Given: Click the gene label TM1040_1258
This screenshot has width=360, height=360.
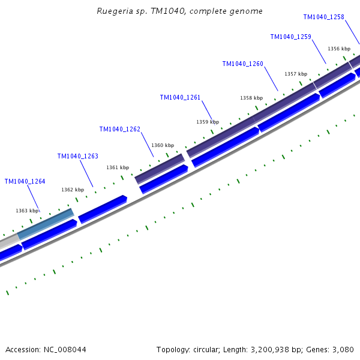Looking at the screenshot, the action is (323, 17).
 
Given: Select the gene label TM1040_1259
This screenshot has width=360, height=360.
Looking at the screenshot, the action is (290, 37).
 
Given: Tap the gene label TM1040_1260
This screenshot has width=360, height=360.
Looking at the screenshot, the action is (242, 64).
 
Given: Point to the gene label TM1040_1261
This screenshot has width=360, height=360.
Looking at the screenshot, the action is (180, 97).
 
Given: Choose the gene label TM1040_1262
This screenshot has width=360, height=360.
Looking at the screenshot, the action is (119, 129).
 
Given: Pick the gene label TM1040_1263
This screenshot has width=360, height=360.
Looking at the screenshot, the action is (77, 156).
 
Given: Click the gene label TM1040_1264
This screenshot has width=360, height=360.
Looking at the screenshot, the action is (25, 181).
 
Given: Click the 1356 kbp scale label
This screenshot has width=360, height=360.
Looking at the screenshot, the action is (338, 49).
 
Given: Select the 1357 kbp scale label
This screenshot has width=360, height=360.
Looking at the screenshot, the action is (295, 74).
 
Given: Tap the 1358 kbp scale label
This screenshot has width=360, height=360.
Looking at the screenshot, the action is (251, 98).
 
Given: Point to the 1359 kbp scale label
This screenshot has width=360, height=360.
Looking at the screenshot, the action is (207, 122).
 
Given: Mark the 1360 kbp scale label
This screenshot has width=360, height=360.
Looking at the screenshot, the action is (162, 145).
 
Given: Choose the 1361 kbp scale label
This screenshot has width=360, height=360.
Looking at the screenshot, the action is (117, 167).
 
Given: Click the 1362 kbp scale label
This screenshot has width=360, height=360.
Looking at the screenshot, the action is (72, 190).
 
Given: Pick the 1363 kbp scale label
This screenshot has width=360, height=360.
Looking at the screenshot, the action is (26, 211).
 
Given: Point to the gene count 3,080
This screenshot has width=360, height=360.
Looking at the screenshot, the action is (343, 349).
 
